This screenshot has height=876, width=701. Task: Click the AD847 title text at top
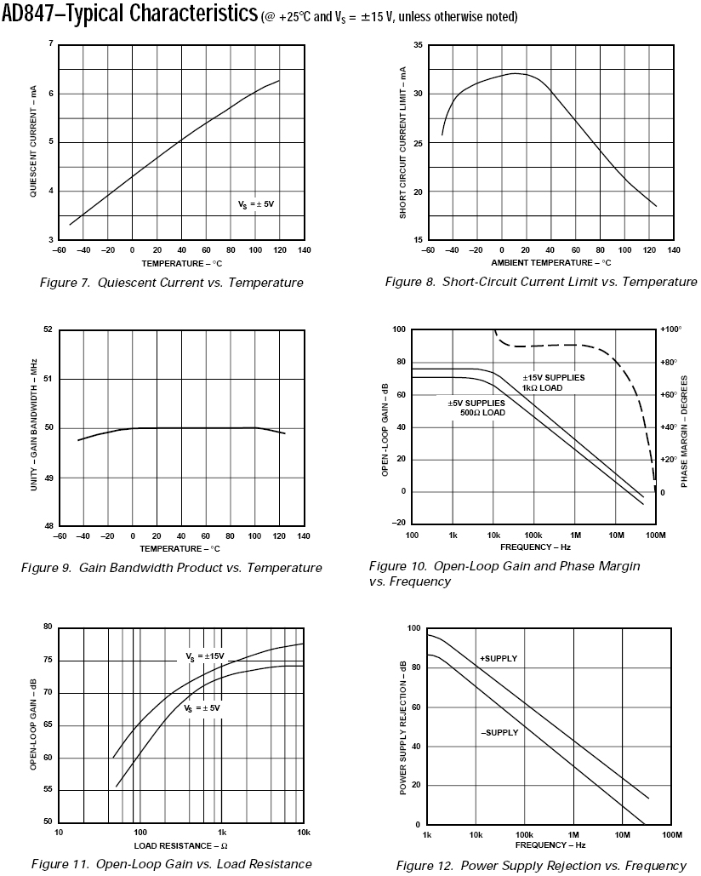(x=128, y=14)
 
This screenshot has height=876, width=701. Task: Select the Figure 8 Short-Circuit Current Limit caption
(x=540, y=282)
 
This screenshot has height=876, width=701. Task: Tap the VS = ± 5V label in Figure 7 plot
(x=256, y=204)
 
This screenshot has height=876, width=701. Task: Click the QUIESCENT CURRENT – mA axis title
(x=32, y=142)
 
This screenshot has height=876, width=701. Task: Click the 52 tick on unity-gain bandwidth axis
(x=48, y=329)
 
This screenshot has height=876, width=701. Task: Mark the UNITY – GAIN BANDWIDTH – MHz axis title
(x=32, y=427)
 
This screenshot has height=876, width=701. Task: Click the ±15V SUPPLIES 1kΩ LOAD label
(x=554, y=382)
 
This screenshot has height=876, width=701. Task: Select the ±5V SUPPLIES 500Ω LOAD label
(x=476, y=408)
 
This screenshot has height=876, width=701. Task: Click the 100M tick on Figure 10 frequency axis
(x=655, y=535)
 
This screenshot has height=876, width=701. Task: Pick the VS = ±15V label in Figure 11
(x=205, y=656)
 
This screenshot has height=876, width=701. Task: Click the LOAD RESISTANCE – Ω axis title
(x=180, y=845)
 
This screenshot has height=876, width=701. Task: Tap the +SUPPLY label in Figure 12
(x=499, y=659)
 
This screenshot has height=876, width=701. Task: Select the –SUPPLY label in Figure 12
(x=499, y=732)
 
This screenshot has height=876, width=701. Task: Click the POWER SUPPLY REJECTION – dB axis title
(x=403, y=726)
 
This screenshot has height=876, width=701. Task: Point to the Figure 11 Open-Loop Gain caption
(x=172, y=864)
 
